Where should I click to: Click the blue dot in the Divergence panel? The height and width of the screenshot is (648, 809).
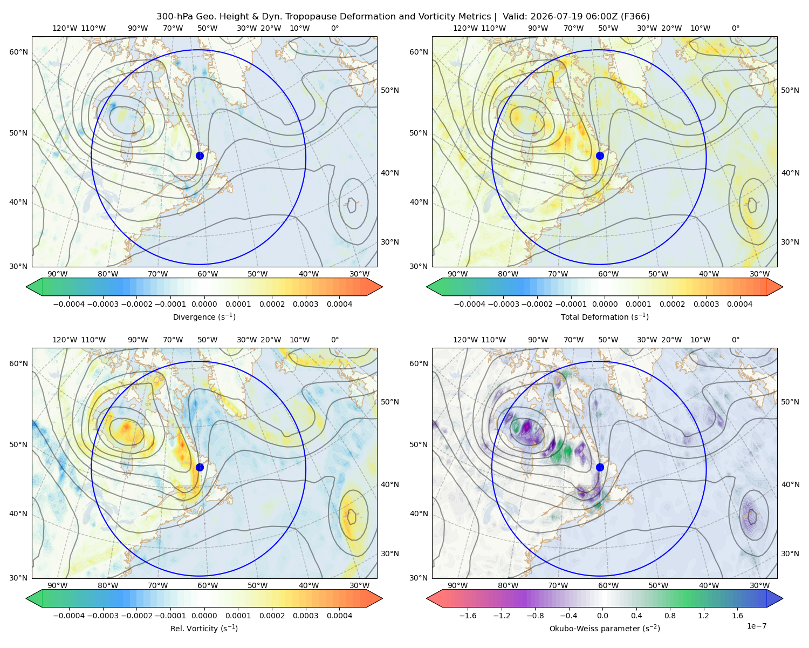coord(200,156)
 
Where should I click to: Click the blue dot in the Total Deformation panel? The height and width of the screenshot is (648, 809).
coord(600,156)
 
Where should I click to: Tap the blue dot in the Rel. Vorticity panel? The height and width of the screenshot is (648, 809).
coord(200,467)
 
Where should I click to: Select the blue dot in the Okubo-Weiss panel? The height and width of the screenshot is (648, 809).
coord(600,467)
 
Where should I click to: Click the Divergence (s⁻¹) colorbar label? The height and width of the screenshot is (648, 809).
coord(204,316)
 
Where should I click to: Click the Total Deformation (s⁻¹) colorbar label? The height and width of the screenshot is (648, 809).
coord(605,316)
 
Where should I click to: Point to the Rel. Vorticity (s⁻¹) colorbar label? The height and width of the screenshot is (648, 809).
coord(204,628)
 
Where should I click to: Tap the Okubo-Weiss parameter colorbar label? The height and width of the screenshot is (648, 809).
coord(605,628)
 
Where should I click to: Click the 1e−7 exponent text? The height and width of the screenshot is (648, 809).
coord(756,626)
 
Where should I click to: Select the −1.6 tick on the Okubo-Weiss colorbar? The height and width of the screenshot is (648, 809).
coord(468,615)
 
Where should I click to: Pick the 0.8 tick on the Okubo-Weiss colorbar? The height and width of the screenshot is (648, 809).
coord(670,615)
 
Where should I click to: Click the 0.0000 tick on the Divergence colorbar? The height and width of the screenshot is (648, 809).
coord(204,304)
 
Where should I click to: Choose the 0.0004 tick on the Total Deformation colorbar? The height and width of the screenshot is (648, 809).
coord(739,304)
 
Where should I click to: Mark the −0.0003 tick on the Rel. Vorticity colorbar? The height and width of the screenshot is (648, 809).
coord(102,615)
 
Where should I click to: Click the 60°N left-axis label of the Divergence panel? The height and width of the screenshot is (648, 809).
coord(18,52)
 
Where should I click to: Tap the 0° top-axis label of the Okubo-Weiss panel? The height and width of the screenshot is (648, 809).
coord(735,340)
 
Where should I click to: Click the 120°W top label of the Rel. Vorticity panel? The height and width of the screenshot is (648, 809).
coord(65,340)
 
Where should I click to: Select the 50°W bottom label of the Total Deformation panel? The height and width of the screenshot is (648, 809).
coord(658,274)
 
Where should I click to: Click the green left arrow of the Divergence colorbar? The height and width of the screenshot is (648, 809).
coord(35,287)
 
